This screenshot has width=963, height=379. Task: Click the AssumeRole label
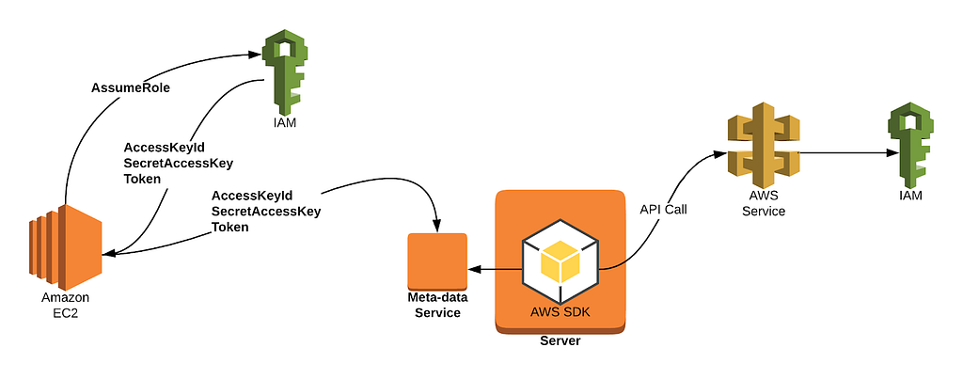point(129,88)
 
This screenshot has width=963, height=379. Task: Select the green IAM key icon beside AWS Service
point(909,144)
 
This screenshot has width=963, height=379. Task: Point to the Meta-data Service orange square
point(437,261)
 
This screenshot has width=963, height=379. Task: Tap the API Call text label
point(664,209)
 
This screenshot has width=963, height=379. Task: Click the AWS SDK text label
point(560,311)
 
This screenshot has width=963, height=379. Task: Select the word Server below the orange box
point(560,340)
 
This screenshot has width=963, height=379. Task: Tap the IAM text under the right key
point(909,196)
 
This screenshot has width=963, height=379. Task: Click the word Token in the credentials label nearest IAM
point(142,179)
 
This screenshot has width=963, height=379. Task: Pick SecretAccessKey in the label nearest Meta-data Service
point(266,212)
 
